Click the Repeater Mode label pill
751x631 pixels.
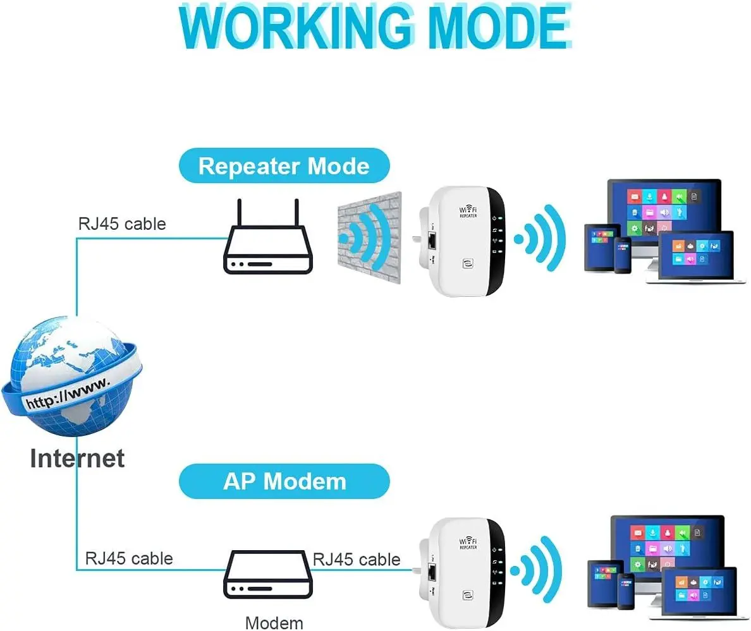click(x=284, y=166)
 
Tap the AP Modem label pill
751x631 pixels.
click(x=284, y=481)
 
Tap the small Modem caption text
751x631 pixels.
click(x=274, y=623)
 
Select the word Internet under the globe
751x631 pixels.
click(x=77, y=458)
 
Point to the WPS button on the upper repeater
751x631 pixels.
click(x=469, y=262)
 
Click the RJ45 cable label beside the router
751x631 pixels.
click(x=122, y=224)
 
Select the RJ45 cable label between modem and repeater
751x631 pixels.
click(x=357, y=560)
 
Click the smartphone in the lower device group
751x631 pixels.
click(x=626, y=591)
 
